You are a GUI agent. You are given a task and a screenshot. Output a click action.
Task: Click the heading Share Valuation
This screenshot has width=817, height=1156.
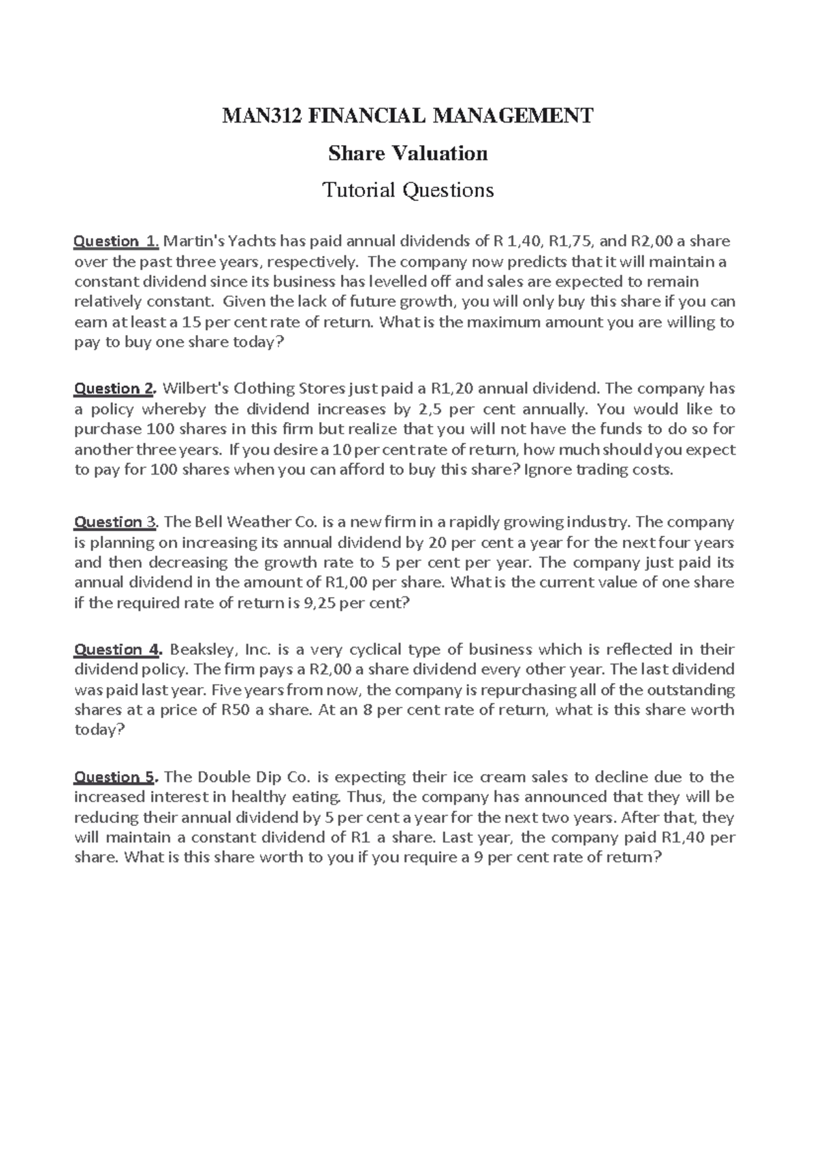tap(408, 153)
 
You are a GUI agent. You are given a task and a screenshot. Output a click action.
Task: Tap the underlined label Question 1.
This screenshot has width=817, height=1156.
tap(116, 241)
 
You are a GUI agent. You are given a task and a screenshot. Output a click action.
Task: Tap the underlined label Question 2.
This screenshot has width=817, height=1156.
tap(115, 389)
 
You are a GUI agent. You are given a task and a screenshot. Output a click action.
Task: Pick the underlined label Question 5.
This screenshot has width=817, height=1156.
tap(116, 777)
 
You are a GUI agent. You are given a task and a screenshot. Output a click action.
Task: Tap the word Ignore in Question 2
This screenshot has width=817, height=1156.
tap(547, 470)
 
